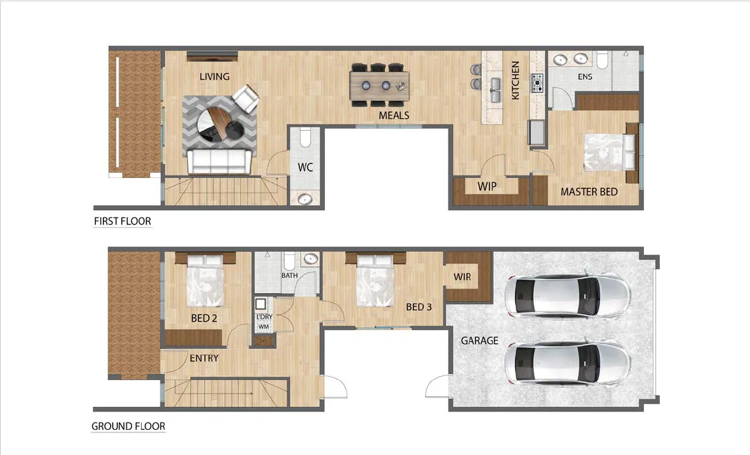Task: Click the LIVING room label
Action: (x=214, y=76)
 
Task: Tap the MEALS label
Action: (x=393, y=115)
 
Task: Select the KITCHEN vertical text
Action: (x=516, y=80)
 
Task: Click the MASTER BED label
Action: (x=589, y=192)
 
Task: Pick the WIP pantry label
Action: (x=487, y=186)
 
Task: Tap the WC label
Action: (x=305, y=167)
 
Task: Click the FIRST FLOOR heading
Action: (x=122, y=221)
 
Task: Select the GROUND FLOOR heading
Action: (x=128, y=427)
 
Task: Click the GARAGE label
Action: (x=480, y=340)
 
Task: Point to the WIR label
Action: (x=462, y=277)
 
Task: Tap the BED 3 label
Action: (x=419, y=307)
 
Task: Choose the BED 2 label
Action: (x=204, y=318)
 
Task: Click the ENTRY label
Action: (x=204, y=358)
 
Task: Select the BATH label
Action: (x=289, y=276)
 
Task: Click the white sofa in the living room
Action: (x=219, y=161)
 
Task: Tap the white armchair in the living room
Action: (x=246, y=99)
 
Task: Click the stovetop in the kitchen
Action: (x=537, y=83)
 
